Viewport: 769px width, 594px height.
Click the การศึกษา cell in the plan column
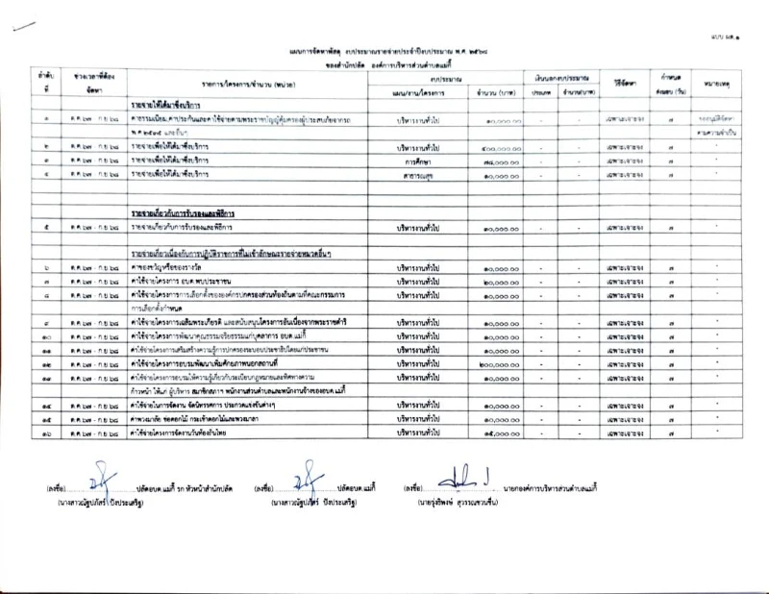[x=416, y=161]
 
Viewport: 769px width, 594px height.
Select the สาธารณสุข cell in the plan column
[x=416, y=175]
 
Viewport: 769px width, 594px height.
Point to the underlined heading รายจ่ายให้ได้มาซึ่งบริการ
[x=171, y=102]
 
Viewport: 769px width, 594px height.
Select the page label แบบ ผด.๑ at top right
[x=741, y=34]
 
